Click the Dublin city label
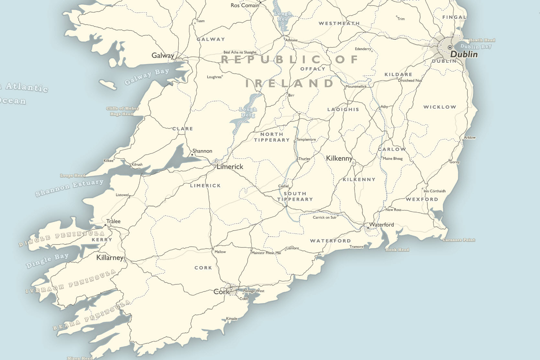point(464,54)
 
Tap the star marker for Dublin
point(450,47)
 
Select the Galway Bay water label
point(147,76)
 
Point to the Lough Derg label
point(248,112)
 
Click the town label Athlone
point(291,40)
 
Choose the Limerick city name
point(230,167)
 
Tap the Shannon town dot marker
point(192,155)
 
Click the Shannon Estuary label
point(69,188)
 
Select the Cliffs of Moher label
point(123,108)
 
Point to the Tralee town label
point(113,221)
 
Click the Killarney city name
point(110,257)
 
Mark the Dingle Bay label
point(47,260)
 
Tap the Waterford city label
point(381,224)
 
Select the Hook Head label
point(397,250)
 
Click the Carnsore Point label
point(458,240)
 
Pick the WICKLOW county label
point(439,107)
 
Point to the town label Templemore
point(306,139)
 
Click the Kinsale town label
point(232,319)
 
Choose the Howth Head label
point(482,40)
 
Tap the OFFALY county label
point(313,69)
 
